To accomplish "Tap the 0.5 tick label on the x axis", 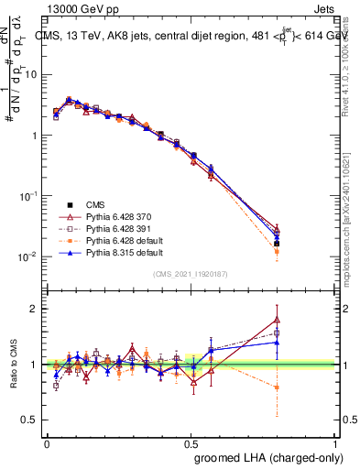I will click(191, 443).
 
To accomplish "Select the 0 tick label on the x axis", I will click(47, 443).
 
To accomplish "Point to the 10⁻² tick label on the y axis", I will click(28, 257).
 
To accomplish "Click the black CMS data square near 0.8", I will click(277, 244).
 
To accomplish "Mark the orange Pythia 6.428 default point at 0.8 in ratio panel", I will click(277, 387).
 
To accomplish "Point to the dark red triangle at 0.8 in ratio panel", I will click(277, 320).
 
